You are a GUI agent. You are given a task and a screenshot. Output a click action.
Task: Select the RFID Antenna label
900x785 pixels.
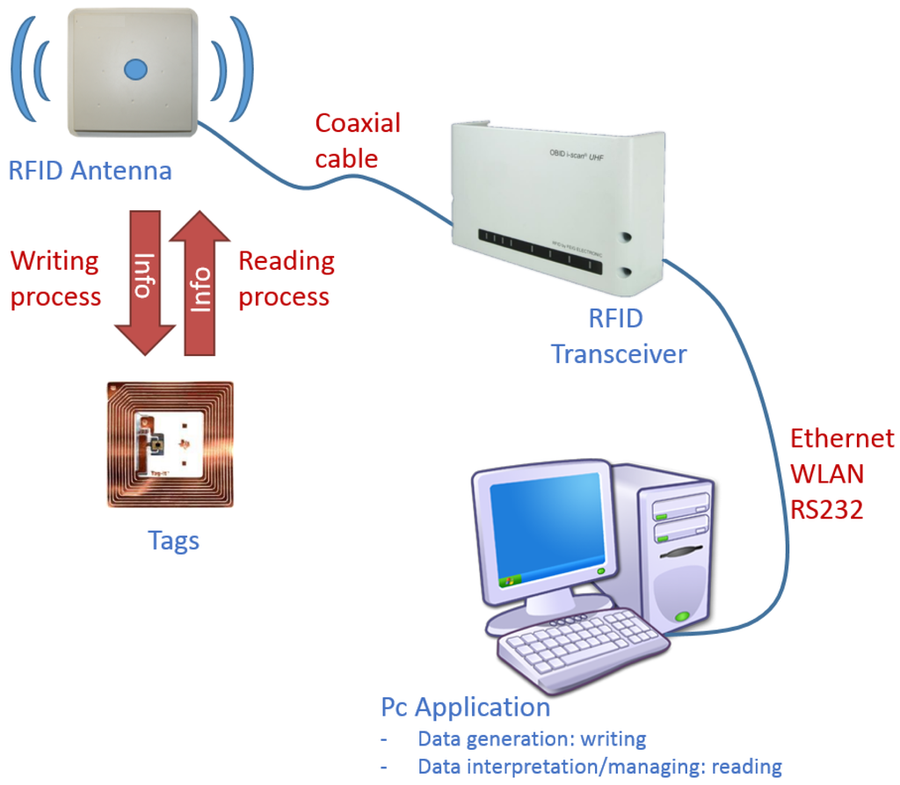90,170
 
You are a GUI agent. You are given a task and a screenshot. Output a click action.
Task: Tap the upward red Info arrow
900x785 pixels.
200,284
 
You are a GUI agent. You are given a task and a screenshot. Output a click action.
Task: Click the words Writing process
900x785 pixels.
55,279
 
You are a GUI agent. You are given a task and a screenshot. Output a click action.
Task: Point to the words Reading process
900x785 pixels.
286,279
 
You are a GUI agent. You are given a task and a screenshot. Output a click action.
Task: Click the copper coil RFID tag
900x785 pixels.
170,444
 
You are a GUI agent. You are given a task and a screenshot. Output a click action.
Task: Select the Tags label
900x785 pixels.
173,540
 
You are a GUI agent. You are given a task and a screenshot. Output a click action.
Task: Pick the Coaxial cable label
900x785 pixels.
357,141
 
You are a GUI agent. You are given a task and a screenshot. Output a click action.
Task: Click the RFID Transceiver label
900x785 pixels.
618,336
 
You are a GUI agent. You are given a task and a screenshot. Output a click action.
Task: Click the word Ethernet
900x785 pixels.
841,438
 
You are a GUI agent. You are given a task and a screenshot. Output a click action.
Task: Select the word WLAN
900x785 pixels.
826,474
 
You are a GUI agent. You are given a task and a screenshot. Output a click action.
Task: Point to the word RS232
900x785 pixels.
826,509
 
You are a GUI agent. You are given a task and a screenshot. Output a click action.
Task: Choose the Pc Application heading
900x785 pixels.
465,707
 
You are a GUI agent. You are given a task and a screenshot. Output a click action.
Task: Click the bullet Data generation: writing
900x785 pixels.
531,738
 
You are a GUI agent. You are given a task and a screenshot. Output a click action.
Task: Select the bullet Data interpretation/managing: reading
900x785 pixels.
599,767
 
